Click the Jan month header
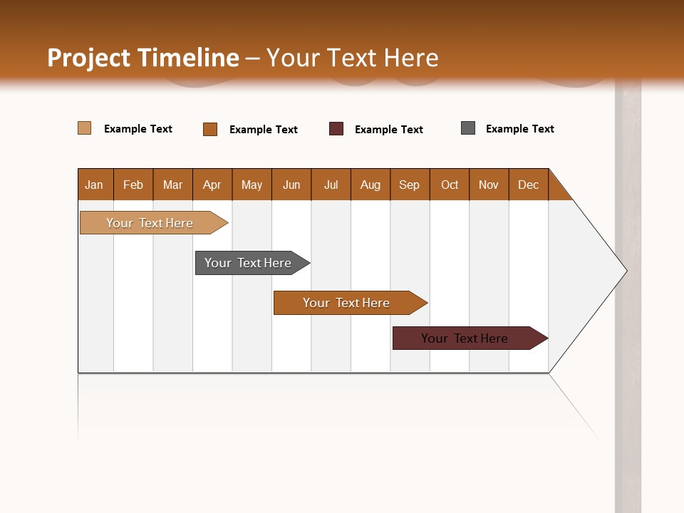tap(94, 185)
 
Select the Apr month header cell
tap(212, 185)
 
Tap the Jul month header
tap(331, 185)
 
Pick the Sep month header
tap(409, 185)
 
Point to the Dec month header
tap(528, 185)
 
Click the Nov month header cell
tap(488, 185)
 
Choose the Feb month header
tap(133, 185)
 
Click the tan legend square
tap(84, 128)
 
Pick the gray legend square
tap(468, 128)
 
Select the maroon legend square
tap(336, 129)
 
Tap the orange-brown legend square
tap(210, 129)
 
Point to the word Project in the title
tap(89, 58)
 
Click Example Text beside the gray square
tap(519, 129)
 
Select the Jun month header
tap(291, 185)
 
